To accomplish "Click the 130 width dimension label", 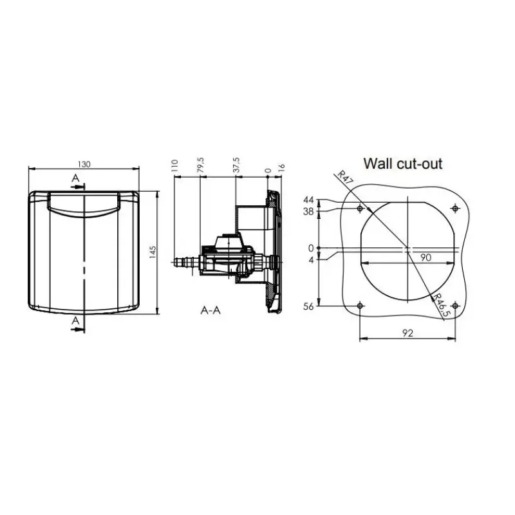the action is [x=84, y=164].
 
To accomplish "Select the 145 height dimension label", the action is [x=153, y=252].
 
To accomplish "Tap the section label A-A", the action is [x=211, y=310].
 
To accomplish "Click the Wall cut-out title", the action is [x=403, y=164].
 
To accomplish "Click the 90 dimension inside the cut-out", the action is [x=426, y=257].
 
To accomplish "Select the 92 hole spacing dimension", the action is [x=407, y=333].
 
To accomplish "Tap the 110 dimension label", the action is [x=174, y=165].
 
